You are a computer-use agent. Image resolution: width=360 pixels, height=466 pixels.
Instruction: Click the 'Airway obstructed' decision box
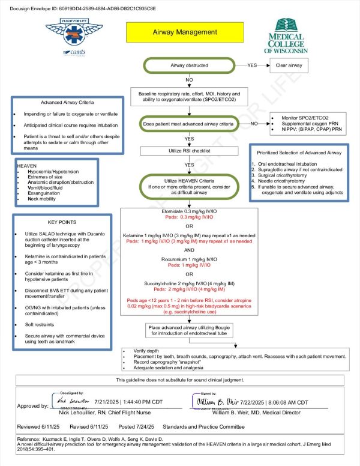pos(189,65)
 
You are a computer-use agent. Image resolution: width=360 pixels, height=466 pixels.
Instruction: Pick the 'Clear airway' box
pos(289,65)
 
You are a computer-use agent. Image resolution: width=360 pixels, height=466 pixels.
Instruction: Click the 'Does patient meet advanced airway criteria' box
pos(188,124)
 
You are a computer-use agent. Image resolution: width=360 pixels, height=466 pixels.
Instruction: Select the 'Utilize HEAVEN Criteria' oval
pos(189,187)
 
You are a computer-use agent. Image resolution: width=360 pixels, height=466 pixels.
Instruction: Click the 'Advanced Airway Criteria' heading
pos(61,102)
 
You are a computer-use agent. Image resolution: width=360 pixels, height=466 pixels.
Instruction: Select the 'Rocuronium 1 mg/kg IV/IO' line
pos(189,259)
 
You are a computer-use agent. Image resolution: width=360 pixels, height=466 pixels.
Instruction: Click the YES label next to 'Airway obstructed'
pos(252,65)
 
